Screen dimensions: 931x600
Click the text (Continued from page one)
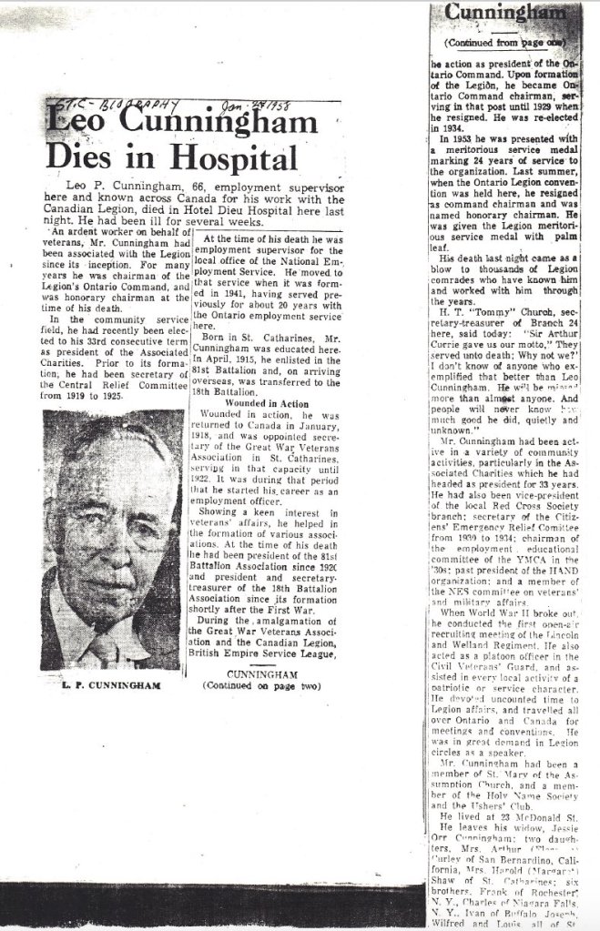(501, 43)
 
